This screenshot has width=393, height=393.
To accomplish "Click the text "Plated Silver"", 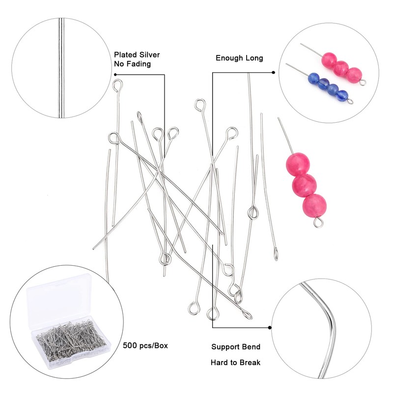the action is (x=137, y=55).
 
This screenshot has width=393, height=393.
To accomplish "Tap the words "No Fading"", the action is (x=132, y=64).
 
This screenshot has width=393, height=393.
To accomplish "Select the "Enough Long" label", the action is (x=239, y=58).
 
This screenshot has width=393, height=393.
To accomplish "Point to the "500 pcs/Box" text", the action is (x=145, y=345).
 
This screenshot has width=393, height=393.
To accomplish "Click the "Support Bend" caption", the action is (x=236, y=347).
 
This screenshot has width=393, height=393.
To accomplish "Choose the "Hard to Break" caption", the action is (x=236, y=363).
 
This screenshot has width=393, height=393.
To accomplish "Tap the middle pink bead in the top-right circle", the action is (x=340, y=68).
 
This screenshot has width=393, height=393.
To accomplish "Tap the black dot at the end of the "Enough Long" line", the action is (x=273, y=73).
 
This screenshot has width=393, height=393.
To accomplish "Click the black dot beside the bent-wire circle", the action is (x=269, y=327).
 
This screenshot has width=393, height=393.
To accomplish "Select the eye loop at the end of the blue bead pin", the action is (x=351, y=101).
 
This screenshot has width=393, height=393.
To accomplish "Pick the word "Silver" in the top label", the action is (x=149, y=55).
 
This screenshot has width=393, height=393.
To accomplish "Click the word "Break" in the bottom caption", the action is (x=250, y=363).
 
